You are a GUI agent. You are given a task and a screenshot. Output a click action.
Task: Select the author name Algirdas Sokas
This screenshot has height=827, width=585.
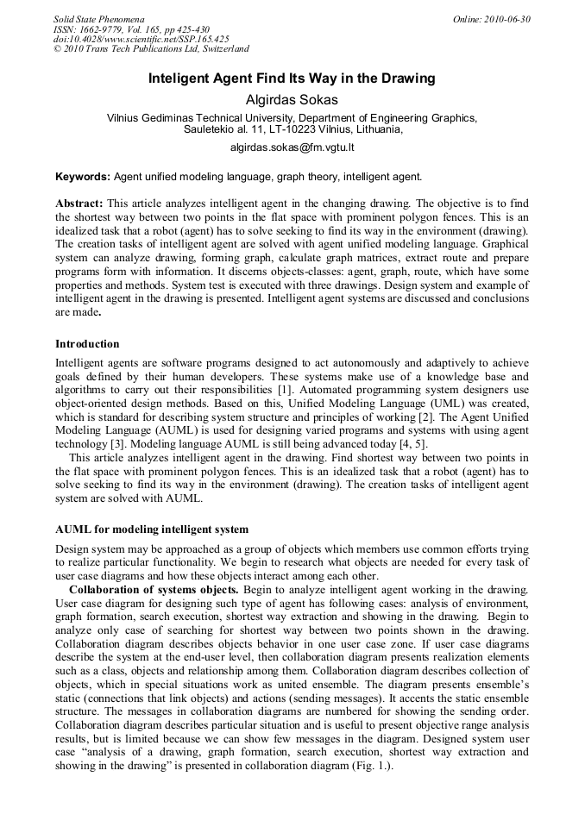click(292, 99)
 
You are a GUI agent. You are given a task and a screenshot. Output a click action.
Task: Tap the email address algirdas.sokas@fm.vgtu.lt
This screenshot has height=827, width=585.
click(292, 147)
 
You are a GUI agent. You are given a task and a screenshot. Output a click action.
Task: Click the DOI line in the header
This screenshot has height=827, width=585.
click(141, 39)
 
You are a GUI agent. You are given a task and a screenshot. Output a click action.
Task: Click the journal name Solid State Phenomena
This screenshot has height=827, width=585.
click(98, 18)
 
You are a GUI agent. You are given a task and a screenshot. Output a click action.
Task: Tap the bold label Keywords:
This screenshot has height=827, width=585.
click(83, 177)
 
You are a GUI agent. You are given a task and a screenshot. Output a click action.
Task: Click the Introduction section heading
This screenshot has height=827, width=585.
click(87, 343)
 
